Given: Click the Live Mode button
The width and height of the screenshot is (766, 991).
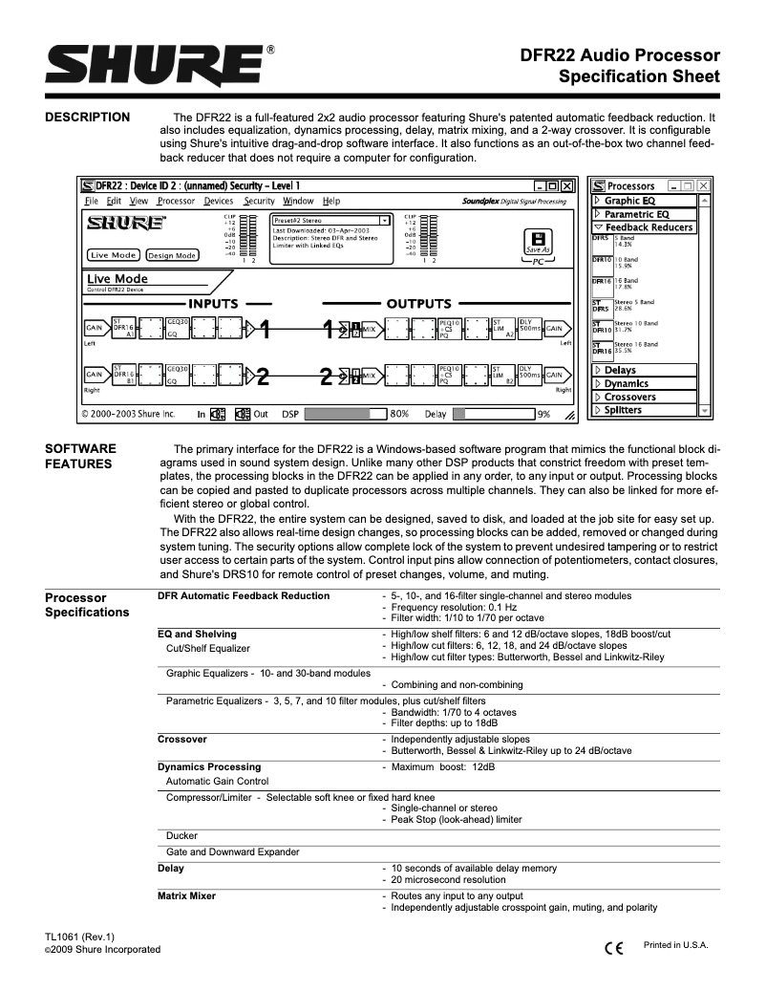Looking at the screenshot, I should point(114,255).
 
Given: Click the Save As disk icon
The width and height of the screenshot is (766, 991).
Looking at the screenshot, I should point(539,242).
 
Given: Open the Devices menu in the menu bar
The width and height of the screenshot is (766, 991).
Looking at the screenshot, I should point(219,202).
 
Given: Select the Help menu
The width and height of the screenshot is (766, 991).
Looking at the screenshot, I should point(331,202).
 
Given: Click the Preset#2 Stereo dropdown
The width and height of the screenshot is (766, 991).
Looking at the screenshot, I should point(330,220).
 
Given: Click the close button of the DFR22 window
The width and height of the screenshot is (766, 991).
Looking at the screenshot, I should point(567,185).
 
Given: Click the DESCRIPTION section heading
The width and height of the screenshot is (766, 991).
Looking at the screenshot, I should point(88,118).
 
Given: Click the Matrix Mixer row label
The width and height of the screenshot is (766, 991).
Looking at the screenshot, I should point(186,895).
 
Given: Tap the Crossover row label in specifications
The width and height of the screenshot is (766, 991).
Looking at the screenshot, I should point(181,739).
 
